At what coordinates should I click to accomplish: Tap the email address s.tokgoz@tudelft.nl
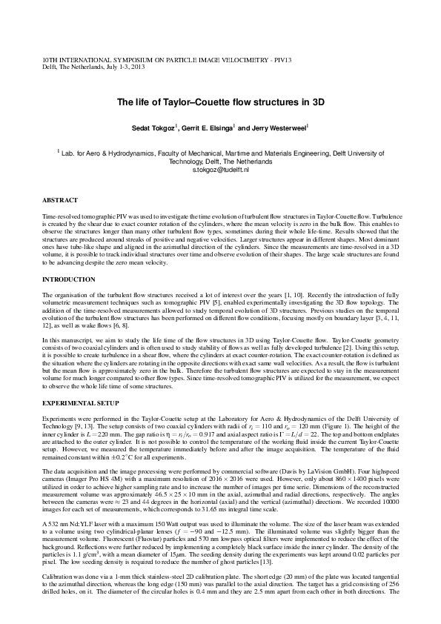pos(219,170)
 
